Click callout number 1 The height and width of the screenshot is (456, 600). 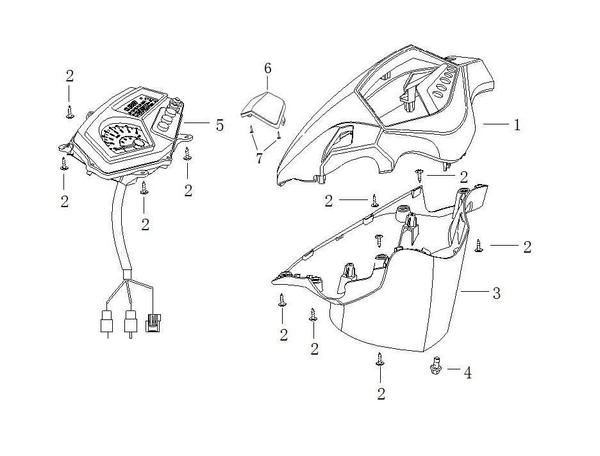(517, 125)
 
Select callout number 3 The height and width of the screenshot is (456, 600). (496, 293)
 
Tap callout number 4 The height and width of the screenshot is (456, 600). (467, 373)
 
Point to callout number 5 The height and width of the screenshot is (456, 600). (220, 125)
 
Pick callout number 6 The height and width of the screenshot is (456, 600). (267, 69)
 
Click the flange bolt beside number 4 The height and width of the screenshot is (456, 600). (435, 366)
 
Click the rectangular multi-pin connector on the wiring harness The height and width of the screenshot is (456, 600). (153, 323)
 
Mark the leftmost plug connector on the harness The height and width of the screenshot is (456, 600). (106, 321)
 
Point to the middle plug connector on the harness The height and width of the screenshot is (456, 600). (131, 321)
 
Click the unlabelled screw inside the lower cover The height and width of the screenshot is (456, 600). (379, 240)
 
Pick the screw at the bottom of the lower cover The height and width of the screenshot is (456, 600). (380, 359)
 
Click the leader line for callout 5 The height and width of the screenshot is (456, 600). (196, 123)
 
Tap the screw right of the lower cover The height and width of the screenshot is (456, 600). (478, 246)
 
